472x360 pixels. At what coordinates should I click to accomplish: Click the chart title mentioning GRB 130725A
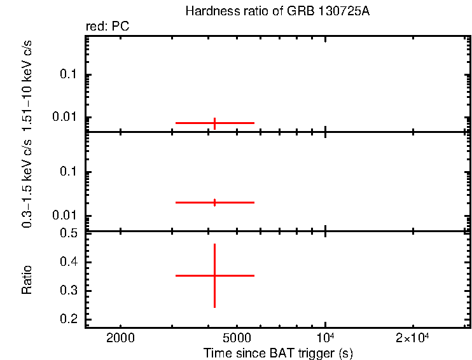point(277,11)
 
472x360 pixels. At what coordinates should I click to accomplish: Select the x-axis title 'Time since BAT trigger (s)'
point(278,353)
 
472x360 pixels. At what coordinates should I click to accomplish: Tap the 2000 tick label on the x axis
point(120,338)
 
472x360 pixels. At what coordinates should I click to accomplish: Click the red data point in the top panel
point(214,123)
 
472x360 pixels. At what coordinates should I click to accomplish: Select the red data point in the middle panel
point(214,202)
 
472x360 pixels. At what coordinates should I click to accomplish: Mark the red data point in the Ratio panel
point(214,275)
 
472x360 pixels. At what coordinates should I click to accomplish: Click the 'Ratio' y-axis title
point(27,279)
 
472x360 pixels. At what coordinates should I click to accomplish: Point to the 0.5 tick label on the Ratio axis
point(67,233)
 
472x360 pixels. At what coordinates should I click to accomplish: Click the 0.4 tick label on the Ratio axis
point(67,262)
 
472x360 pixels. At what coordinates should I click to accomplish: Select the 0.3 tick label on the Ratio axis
point(67,291)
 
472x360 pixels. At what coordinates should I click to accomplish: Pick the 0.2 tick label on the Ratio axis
point(67,319)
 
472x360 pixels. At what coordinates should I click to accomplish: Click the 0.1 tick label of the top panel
point(67,75)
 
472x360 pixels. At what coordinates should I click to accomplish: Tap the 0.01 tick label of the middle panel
point(65,215)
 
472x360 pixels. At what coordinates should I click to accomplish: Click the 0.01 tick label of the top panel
point(65,117)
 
